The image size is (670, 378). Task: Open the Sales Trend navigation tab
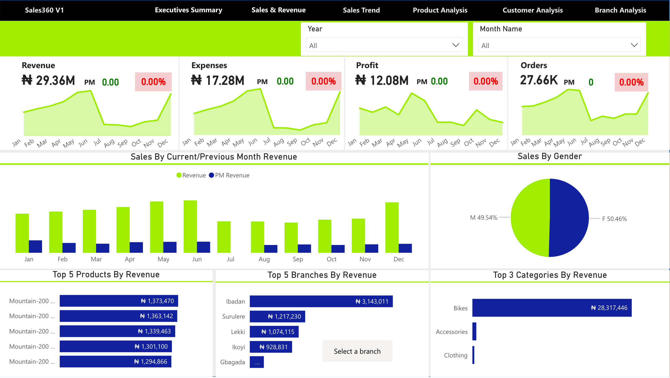pyautogui.click(x=361, y=10)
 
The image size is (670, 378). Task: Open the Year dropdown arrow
pyautogui.click(x=456, y=45)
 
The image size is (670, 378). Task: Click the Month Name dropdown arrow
pyautogui.click(x=634, y=45)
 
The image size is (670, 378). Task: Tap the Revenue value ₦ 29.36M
pyautogui.click(x=48, y=80)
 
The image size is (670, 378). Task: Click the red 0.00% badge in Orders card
pyautogui.click(x=631, y=82)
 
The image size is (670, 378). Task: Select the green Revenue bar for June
pyautogui.click(x=190, y=226)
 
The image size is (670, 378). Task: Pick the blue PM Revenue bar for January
pyautogui.click(x=35, y=246)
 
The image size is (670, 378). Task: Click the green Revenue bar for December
pyautogui.click(x=392, y=227)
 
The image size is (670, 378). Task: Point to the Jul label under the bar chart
pyautogui.click(x=231, y=259)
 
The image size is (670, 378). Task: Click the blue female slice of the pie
pyautogui.click(x=570, y=218)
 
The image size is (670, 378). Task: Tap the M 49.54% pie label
pyautogui.click(x=483, y=218)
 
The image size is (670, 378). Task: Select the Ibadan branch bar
pyautogui.click(x=321, y=301)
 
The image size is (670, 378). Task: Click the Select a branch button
pyautogui.click(x=357, y=351)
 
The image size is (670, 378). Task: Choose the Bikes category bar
pyautogui.click(x=552, y=308)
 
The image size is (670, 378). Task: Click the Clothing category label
pyautogui.click(x=456, y=355)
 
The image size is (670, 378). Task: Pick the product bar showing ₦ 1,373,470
pyautogui.click(x=119, y=301)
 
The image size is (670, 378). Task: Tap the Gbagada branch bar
pyautogui.click(x=257, y=362)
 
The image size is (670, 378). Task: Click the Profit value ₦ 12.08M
pyautogui.click(x=382, y=80)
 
